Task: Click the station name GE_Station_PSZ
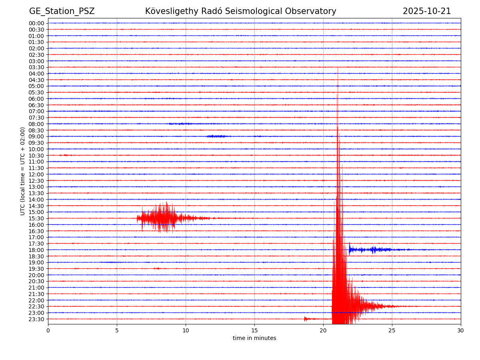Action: [x=62, y=11]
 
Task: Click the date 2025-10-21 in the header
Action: [x=426, y=11]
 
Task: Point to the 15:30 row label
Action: [x=36, y=218]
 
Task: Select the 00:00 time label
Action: [x=36, y=23]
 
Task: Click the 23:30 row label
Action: [x=36, y=319]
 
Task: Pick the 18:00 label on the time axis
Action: [x=36, y=250]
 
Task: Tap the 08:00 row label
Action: [x=36, y=124]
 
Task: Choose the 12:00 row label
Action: [x=36, y=174]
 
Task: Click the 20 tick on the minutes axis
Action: [x=323, y=330]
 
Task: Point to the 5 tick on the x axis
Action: [x=117, y=330]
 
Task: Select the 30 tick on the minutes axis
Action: [x=460, y=330]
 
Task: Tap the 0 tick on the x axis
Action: [x=48, y=330]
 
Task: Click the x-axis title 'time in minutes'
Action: [x=254, y=338]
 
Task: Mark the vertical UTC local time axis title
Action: [x=23, y=171]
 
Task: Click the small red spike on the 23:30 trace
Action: [x=306, y=319]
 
